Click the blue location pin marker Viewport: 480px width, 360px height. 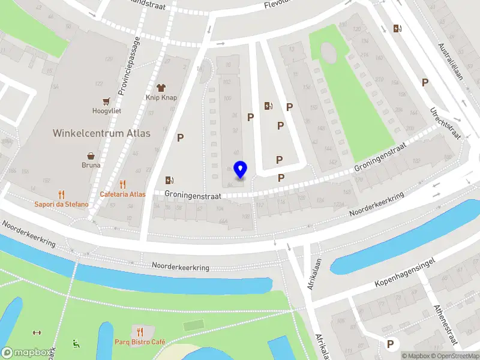[240, 170]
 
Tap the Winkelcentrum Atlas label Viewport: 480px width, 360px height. [101, 133]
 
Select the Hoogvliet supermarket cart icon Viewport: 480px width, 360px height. [107, 101]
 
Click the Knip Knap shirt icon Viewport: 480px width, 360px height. [160, 87]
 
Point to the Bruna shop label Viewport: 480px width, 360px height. [91, 164]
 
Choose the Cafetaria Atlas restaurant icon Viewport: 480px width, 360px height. [123, 185]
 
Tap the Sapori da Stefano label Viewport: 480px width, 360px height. [61, 204]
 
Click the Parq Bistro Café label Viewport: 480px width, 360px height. [140, 342]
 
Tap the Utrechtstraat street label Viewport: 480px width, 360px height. [444, 123]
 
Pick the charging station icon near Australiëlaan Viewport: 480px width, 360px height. [397, 28]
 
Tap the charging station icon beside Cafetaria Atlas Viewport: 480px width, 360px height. [170, 180]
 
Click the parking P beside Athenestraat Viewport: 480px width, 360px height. [391, 344]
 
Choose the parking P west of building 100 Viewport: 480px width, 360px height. [180, 137]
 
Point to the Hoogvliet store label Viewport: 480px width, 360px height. [107, 111]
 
